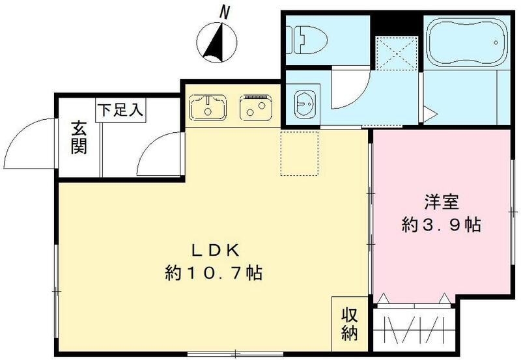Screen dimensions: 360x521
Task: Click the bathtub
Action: pos(466,42)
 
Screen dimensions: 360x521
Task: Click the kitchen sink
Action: pos(208,106)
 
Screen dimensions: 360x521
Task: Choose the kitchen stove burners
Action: pos(257,107)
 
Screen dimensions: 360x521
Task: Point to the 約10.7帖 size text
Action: pos(212,273)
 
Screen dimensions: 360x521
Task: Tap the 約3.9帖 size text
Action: pos(442,225)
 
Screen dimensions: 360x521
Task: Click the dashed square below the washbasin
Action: pos(300,152)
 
